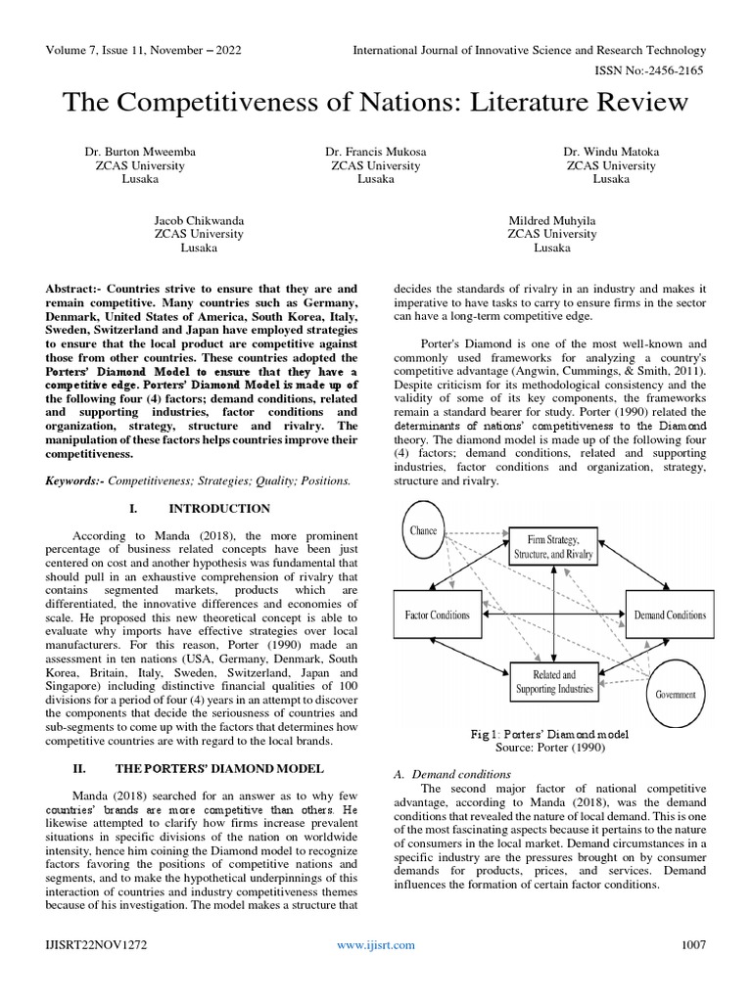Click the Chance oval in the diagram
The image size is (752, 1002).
tap(424, 531)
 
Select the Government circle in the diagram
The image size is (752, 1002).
tap(676, 694)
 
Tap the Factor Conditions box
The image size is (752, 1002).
tap(437, 615)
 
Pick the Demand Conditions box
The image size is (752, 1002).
tap(670, 615)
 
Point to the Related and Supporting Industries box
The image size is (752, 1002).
tap(553, 682)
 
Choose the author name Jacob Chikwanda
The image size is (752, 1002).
tap(200, 220)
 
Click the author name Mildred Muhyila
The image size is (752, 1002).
tap(551, 220)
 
